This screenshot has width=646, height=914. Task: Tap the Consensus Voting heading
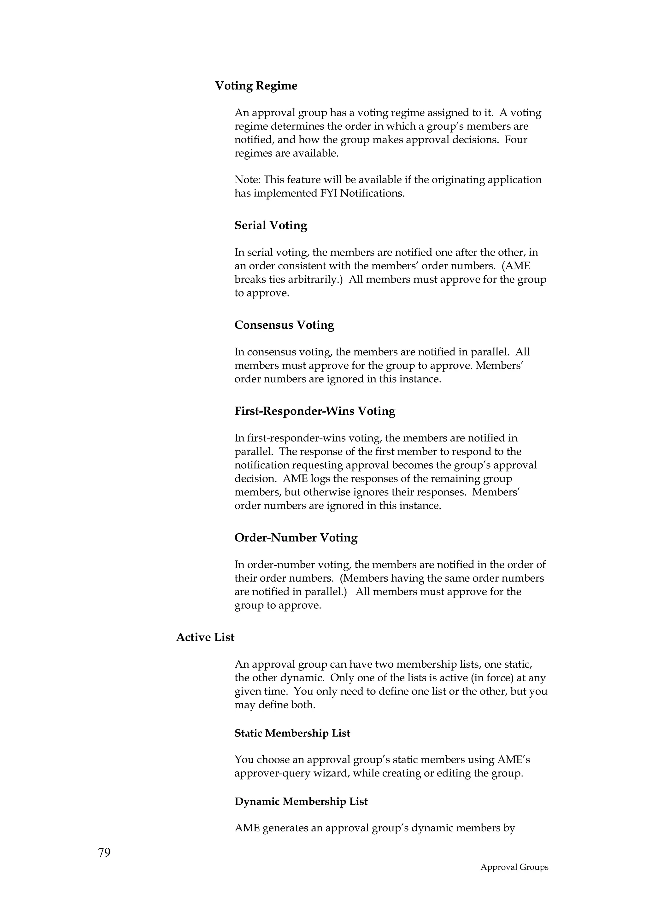(284, 325)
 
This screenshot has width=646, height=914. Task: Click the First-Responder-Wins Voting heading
(315, 411)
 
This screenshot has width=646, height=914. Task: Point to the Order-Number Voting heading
(296, 537)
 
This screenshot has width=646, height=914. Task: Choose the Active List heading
(205, 637)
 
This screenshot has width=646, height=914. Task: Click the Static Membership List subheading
(292, 733)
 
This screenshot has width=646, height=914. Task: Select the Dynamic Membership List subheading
(301, 801)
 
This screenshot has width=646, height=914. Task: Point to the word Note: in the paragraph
(247, 180)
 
